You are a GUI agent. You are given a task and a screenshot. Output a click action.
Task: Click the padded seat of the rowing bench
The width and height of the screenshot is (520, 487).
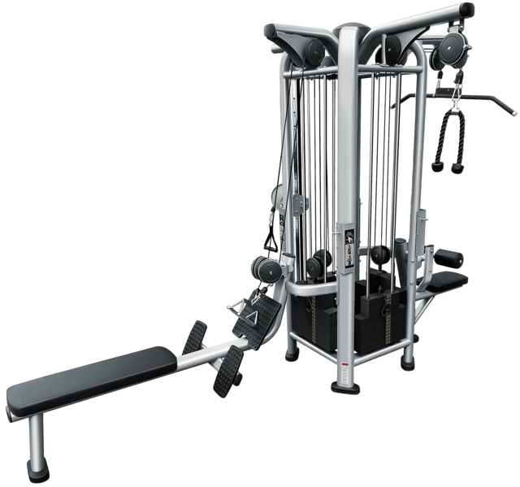click(89, 380)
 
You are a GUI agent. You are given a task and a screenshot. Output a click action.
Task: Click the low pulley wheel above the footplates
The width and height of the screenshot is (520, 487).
click(264, 268)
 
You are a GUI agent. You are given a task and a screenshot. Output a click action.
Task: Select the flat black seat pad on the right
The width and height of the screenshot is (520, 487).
click(448, 281)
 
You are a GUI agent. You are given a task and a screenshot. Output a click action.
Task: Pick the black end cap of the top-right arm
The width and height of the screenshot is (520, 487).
click(466, 9)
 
